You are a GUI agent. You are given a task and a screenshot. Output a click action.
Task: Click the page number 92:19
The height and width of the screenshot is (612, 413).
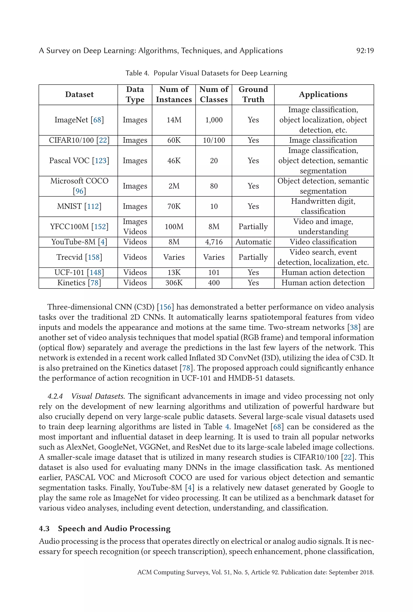[x=365, y=51]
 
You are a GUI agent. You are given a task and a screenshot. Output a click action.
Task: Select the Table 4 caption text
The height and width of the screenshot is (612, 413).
[x=206, y=73]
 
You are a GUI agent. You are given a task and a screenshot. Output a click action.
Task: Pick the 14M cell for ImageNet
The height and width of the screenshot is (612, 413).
[x=174, y=120]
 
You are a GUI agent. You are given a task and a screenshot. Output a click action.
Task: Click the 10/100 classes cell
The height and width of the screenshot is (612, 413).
[x=214, y=140]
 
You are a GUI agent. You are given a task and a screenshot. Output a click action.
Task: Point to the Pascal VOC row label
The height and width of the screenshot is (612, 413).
[x=79, y=161]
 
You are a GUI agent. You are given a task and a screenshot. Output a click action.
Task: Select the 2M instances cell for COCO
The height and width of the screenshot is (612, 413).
[x=174, y=186]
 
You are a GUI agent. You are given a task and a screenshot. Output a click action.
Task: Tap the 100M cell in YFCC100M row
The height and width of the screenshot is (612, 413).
[x=174, y=227]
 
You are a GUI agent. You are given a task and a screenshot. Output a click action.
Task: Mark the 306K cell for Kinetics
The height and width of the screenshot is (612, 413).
[x=174, y=283]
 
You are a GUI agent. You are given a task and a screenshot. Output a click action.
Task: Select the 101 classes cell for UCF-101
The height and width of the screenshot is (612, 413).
[x=214, y=273]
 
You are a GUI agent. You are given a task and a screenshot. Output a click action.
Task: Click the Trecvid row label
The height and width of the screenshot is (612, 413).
[x=79, y=257]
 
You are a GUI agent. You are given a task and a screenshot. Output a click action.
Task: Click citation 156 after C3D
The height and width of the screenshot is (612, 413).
[x=165, y=307]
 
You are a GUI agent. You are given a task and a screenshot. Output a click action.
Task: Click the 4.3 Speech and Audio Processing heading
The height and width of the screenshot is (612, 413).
[x=105, y=528]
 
